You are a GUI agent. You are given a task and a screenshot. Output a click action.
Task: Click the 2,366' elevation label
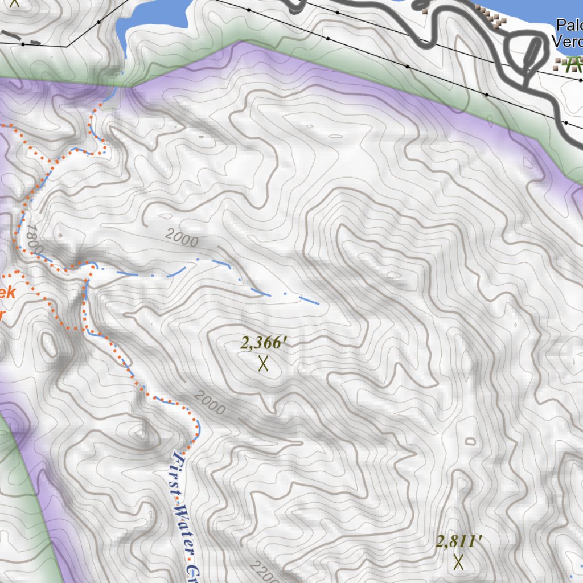pos(262,343)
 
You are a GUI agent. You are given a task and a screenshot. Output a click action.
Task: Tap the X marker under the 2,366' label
pos(263,364)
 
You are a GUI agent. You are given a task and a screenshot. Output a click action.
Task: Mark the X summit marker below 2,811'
pos(459,562)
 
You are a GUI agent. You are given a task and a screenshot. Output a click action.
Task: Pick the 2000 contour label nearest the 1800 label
pos(182,238)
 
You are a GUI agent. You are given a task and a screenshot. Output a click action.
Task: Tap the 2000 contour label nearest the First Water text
pos(209,403)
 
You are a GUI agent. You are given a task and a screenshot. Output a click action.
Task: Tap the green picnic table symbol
pos(566,64)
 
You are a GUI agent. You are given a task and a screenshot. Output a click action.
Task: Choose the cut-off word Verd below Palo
pos(568,42)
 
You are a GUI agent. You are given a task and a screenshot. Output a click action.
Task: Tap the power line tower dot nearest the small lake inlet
pos(98,22)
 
